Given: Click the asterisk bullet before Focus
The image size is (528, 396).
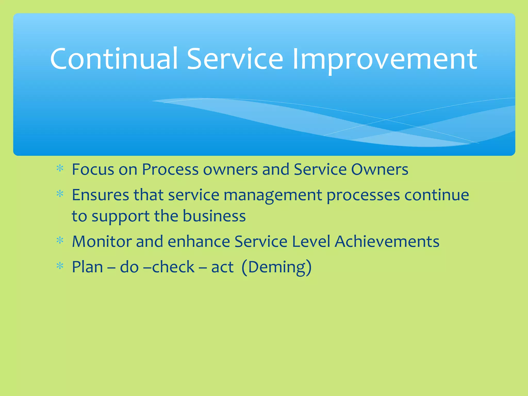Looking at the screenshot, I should tap(60, 169).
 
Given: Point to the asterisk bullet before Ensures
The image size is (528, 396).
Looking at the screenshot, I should tap(60, 194).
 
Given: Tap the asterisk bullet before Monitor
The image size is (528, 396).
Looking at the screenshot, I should tap(60, 241).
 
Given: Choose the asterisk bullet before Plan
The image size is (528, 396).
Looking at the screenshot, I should tap(60, 266).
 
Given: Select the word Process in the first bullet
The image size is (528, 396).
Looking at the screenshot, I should tap(170, 169).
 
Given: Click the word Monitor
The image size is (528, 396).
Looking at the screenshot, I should tap(102, 242).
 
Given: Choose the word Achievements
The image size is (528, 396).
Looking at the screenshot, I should tap(387, 242).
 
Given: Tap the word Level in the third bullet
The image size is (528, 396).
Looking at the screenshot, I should tap(311, 242).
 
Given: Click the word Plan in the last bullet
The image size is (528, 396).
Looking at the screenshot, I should tap(87, 267).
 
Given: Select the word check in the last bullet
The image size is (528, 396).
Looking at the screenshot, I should tap(173, 267).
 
